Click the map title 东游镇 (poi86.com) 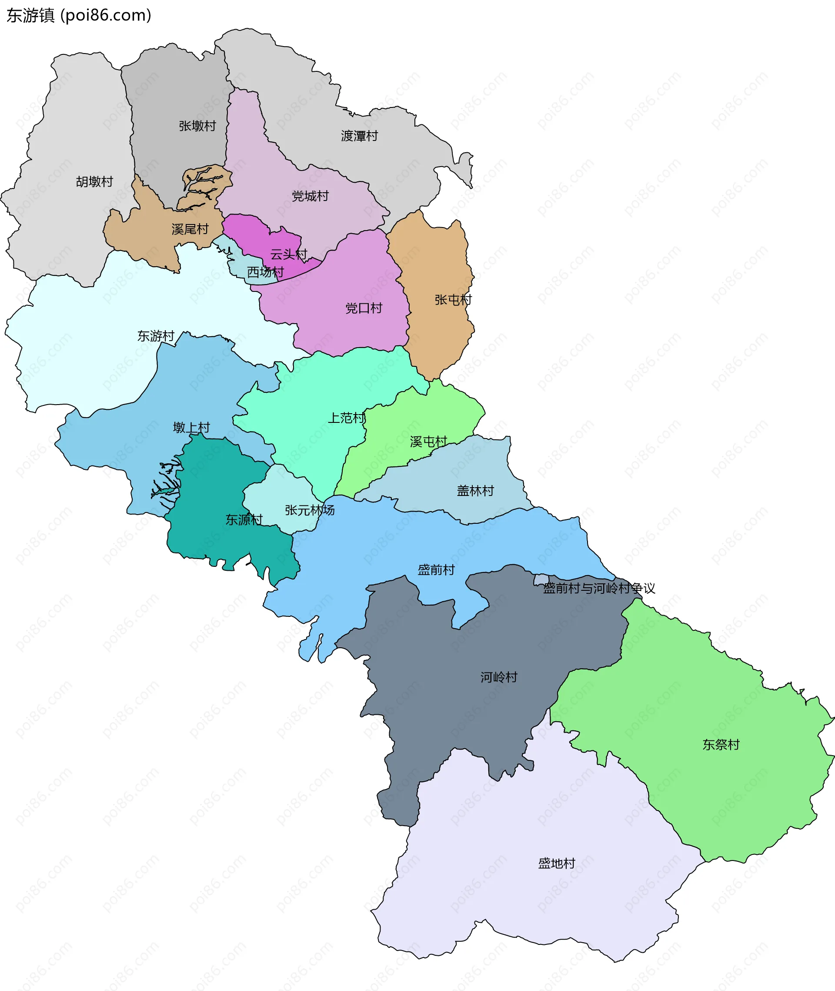tap(79, 15)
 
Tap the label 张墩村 tap(197, 126)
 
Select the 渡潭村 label tap(359, 136)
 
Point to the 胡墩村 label tap(95, 182)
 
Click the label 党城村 tap(310, 196)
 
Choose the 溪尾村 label tap(190, 230)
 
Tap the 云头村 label tap(289, 255)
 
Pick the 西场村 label tap(265, 272)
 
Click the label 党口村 tap(364, 309)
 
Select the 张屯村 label tap(453, 300)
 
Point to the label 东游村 tap(156, 336)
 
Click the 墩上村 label tap(191, 428)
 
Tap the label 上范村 tap(347, 418)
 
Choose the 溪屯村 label tap(428, 442)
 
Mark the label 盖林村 tap(475, 491)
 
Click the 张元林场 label tap(310, 510)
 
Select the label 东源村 tap(244, 520)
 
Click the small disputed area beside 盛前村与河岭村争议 tap(541, 579)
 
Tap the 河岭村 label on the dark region tap(499, 677)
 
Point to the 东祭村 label tap(721, 745)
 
